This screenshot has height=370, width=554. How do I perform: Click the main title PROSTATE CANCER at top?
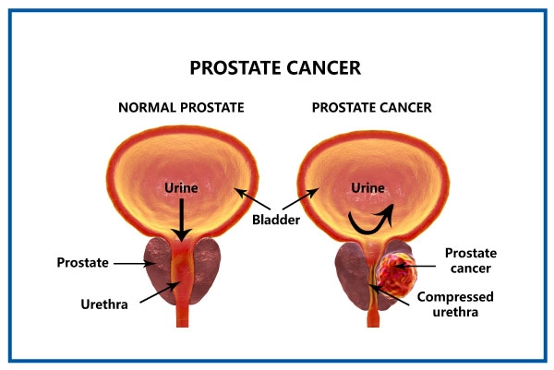point(275,68)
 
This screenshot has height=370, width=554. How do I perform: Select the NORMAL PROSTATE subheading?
point(181,107)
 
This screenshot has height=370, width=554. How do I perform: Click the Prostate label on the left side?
point(86,262)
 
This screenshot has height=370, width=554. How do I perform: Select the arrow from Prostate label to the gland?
point(135,263)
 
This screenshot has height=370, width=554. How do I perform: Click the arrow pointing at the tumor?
point(421,267)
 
